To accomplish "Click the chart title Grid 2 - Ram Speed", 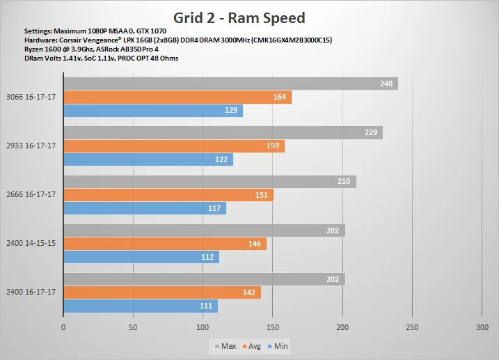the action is (x=239, y=18).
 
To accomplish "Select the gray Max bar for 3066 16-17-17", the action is (x=231, y=84).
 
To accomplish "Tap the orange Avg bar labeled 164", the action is (x=177, y=97).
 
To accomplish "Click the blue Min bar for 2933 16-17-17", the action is (x=148, y=159).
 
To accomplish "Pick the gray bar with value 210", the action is (x=210, y=182).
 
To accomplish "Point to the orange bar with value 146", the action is (x=165, y=244).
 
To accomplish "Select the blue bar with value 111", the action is (x=141, y=306).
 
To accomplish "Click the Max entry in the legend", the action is (x=225, y=346).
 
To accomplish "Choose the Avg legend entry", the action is (x=251, y=346).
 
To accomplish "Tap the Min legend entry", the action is (x=278, y=346).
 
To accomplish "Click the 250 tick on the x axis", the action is (x=412, y=327).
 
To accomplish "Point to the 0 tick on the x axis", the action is (x=63, y=327).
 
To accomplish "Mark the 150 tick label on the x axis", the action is (x=273, y=327).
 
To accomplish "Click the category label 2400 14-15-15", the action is (x=31, y=243).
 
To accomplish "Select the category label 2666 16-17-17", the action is (x=31, y=194).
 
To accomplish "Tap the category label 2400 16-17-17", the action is (x=31, y=292).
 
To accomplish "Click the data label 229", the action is (x=371, y=132).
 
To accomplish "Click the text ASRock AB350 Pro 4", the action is (x=127, y=49).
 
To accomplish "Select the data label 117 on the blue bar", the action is (x=214, y=208).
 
